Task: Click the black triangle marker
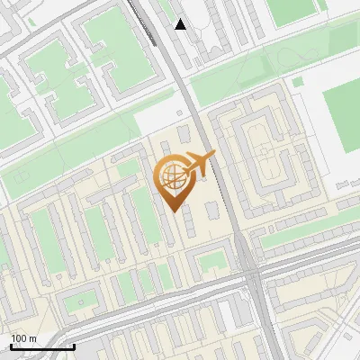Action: tap(181, 24)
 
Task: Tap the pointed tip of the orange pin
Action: tap(173, 209)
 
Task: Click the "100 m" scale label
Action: tap(23, 338)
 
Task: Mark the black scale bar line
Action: tap(42, 346)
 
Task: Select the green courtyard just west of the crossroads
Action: tap(212, 262)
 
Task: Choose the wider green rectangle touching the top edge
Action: tap(288, 11)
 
